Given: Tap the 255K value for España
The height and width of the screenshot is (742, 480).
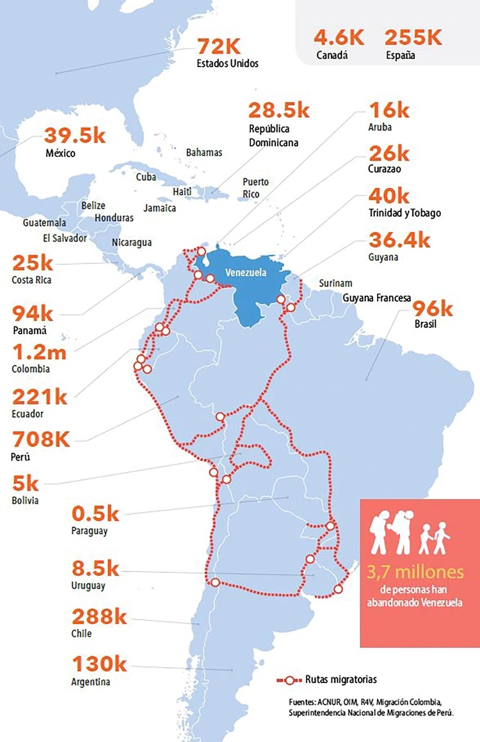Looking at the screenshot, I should [x=413, y=37].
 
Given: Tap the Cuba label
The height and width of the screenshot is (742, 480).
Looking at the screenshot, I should [x=146, y=177].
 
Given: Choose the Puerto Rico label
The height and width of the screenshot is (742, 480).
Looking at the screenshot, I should [x=255, y=187].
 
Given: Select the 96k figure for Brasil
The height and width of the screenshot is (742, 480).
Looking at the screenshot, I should [x=434, y=308].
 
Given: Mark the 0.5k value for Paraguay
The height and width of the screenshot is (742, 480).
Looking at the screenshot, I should [x=95, y=514].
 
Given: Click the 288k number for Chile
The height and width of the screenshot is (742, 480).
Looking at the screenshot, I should [x=99, y=617].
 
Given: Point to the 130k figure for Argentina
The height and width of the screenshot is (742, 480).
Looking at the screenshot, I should [x=99, y=664].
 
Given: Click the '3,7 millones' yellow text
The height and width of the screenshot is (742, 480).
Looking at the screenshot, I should [x=419, y=572].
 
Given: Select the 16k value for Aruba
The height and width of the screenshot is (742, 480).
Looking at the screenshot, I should [x=389, y=110].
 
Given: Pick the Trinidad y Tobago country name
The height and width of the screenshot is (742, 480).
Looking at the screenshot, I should [x=404, y=213].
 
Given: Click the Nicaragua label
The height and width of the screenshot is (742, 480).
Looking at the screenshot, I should [x=132, y=242].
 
